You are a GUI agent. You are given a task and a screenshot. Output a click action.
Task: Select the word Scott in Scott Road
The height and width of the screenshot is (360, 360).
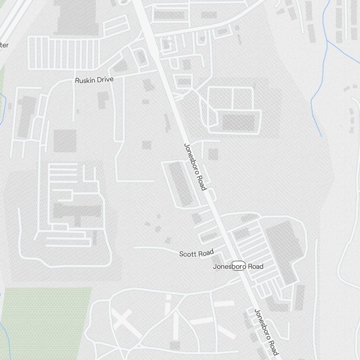pos(188,254)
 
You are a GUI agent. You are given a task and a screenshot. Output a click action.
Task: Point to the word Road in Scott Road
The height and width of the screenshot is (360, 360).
pos(206,253)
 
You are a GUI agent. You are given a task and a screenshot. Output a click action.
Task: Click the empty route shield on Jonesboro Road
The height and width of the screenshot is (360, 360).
pos(238,266)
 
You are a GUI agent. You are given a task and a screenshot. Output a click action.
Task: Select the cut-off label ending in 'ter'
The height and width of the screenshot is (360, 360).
pos(4,45)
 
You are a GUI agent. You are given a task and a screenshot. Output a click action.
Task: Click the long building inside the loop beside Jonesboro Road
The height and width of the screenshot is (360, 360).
pos(181,184)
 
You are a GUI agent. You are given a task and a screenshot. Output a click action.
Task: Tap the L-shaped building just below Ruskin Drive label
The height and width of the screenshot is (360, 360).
pos(104,99)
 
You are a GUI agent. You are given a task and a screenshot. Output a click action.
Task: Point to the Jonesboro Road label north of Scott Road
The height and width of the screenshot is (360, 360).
pos(195,167)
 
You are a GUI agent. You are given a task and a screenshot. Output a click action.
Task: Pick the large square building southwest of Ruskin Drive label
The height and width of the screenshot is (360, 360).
pos(65,140)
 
